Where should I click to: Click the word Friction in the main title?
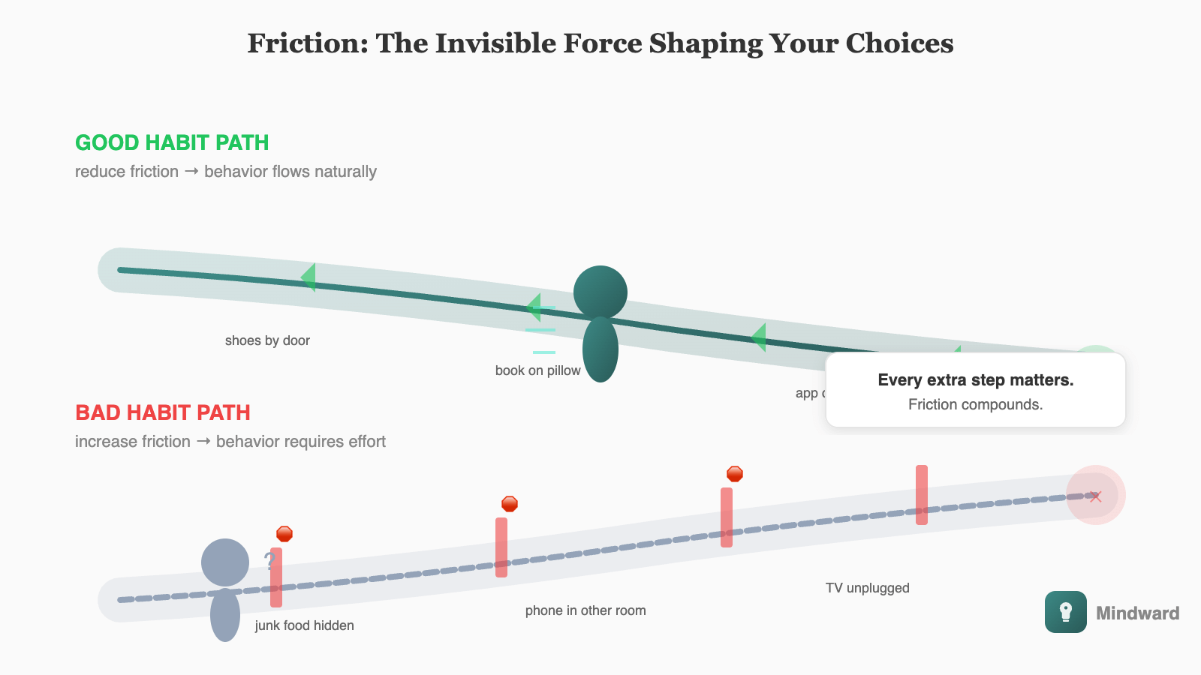[x=307, y=43]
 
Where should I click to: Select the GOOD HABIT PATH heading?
[x=172, y=142]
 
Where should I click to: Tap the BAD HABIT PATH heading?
[x=163, y=412]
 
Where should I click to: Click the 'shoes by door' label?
[x=267, y=340]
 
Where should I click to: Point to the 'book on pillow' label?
[x=537, y=370]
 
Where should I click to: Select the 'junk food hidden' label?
[x=304, y=625]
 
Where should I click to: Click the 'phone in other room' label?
[x=585, y=610]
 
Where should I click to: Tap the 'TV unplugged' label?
[x=867, y=588]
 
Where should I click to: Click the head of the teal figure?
[x=600, y=292]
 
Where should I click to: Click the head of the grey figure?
[x=225, y=562]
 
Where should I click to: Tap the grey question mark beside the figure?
[x=269, y=560]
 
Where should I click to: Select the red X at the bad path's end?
[x=1096, y=496]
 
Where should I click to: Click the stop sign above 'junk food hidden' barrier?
[x=284, y=534]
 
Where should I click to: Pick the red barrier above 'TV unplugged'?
[x=922, y=494]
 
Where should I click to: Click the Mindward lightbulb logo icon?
[x=1065, y=612]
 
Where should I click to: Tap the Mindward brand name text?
[x=1137, y=613]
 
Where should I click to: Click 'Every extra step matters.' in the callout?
[x=975, y=380]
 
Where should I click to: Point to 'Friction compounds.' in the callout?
[x=975, y=405]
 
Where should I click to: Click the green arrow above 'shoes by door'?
[x=309, y=277]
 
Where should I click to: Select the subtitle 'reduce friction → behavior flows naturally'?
[x=225, y=172]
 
